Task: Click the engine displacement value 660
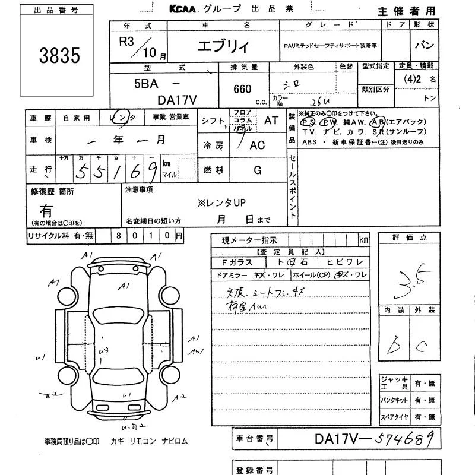point(242,90)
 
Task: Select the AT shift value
point(271,120)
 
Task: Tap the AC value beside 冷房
point(257,145)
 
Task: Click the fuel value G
point(258,170)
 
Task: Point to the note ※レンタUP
point(221,202)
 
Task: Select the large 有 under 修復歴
point(46,210)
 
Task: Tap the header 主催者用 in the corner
point(406,11)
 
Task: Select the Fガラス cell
point(237,262)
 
